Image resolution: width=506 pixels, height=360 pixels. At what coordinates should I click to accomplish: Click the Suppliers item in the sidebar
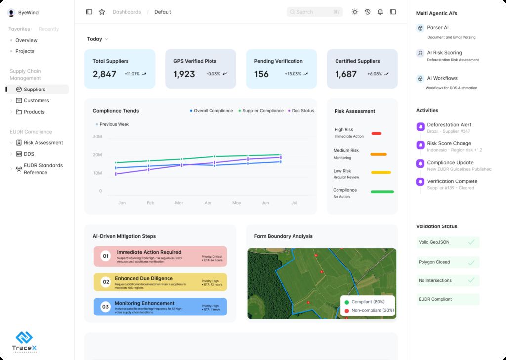click(x=35, y=90)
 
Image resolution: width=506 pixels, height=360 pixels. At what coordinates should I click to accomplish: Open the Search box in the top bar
click(x=314, y=12)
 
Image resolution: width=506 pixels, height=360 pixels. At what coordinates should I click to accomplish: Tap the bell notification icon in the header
click(x=380, y=12)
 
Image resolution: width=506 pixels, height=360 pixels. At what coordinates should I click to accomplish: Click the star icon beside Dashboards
click(x=102, y=12)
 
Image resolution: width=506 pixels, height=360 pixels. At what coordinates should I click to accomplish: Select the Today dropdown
click(x=97, y=39)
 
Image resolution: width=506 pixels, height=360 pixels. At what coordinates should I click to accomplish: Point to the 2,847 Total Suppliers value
click(x=104, y=74)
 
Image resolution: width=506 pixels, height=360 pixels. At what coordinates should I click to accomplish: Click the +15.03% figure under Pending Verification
click(x=293, y=74)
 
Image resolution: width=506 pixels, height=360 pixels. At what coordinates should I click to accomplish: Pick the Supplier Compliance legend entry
click(x=262, y=111)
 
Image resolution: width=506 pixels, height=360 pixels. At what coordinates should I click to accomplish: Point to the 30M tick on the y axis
click(x=97, y=136)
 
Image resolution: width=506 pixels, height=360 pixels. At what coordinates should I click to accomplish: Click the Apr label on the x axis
click(x=208, y=203)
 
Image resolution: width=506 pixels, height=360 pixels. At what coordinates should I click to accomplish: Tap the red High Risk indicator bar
click(x=376, y=133)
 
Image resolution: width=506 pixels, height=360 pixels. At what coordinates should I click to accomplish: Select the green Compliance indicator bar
click(x=382, y=192)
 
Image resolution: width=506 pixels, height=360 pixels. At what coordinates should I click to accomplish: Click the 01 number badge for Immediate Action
click(x=105, y=256)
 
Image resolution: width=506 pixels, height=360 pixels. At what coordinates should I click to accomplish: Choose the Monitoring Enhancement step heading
click(x=144, y=303)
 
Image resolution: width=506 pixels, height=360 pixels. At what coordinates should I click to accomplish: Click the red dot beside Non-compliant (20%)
click(x=347, y=311)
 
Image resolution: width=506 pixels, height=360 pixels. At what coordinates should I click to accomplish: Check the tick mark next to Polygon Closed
click(x=471, y=262)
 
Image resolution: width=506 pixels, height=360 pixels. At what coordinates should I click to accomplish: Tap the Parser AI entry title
click(x=438, y=28)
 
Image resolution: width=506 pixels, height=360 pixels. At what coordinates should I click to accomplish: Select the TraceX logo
click(x=24, y=341)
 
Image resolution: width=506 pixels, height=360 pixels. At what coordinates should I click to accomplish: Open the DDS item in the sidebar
click(x=29, y=154)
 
